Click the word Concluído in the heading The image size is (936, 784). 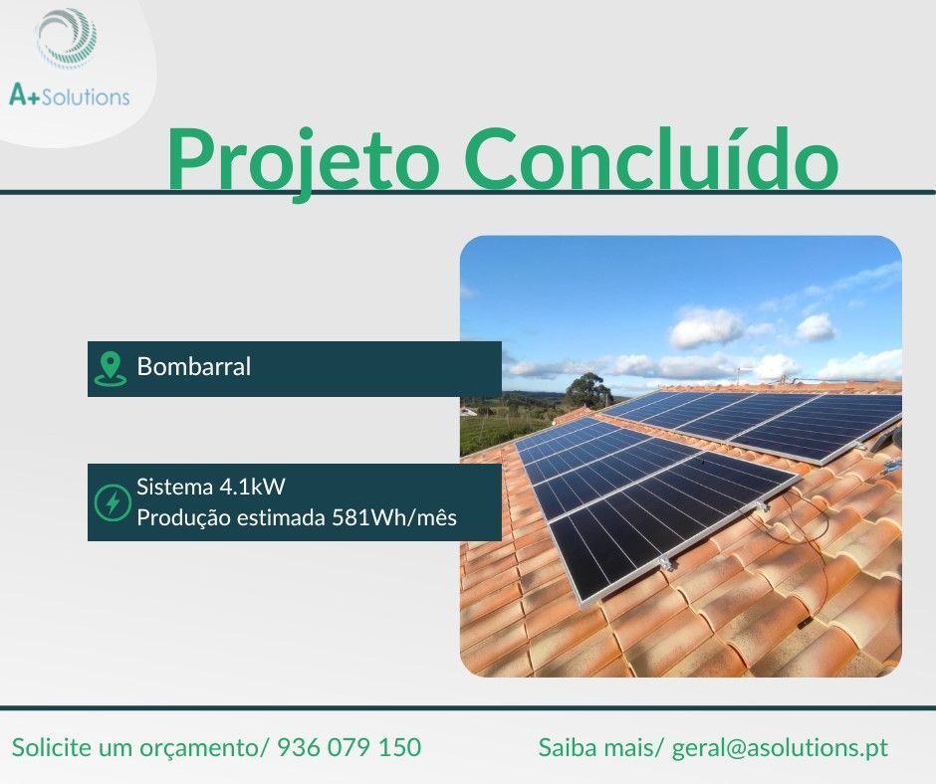point(650,159)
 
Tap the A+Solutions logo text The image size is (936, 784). point(69,97)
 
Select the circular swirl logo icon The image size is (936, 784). point(67,39)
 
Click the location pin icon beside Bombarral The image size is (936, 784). point(110,368)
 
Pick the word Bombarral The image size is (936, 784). point(194,366)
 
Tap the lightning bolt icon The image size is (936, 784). point(112,502)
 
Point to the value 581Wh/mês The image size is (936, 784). point(394,518)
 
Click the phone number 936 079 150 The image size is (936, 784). point(349,747)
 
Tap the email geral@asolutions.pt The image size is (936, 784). point(780,747)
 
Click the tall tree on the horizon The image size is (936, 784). point(587,389)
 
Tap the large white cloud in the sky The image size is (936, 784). point(706,327)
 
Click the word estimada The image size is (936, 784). point(279,518)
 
